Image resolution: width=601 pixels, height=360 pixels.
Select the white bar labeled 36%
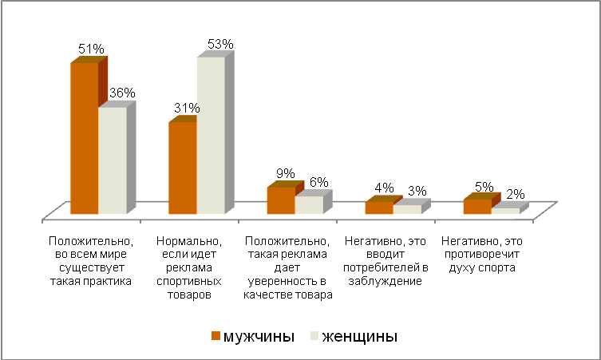pos(112,160)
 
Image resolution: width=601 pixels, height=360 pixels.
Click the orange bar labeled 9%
pos(280,200)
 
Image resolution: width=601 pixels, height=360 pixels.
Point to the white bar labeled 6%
pos(309,204)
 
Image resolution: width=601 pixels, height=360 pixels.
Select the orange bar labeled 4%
pos(379,208)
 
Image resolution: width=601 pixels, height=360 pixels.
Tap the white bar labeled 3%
pos(407,209)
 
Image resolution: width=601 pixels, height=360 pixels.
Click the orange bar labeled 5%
pos(477,206)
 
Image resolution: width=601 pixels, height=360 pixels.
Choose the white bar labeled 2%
pos(505,211)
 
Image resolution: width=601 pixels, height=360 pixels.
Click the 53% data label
pos(219,45)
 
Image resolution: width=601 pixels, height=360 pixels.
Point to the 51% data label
pos(90,49)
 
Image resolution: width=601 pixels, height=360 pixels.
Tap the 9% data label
pos(286,174)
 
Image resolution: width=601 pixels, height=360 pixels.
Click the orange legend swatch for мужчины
pos(215,336)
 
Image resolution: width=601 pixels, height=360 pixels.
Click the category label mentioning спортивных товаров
pos(189,267)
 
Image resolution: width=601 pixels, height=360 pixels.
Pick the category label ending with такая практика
pos(89,259)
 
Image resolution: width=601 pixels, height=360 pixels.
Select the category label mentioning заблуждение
pos(385,259)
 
